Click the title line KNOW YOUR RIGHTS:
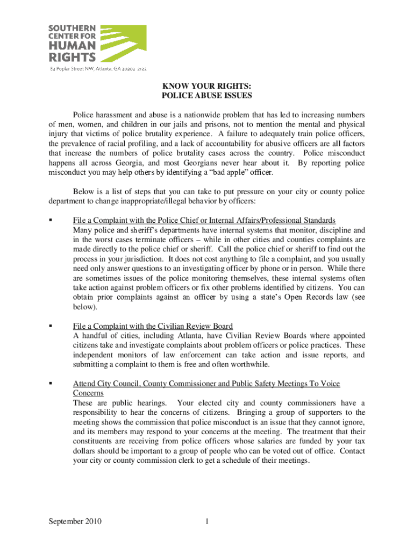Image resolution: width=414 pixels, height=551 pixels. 207,86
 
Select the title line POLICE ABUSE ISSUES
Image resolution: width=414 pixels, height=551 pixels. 207,96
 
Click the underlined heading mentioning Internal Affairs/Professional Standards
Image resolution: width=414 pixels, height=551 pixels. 204,220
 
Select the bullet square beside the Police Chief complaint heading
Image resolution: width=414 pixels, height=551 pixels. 51,221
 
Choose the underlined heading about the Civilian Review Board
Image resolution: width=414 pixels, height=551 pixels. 153,326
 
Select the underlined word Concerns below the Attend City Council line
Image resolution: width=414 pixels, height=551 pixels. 89,393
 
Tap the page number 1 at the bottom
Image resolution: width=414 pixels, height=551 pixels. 206,521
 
